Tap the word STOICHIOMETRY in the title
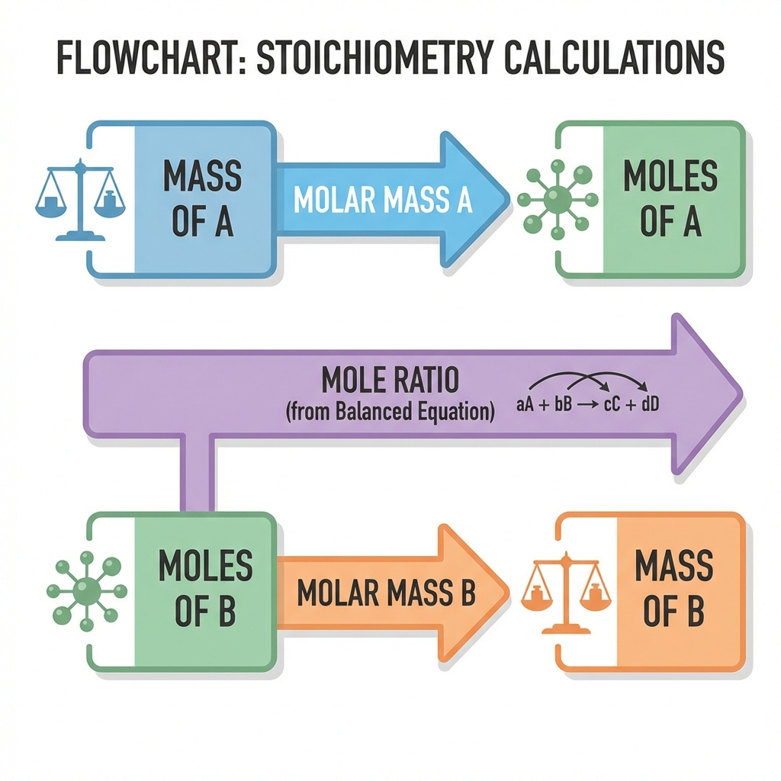click(x=374, y=58)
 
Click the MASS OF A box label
click(x=202, y=198)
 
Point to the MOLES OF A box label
click(x=670, y=198)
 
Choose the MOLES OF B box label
click(x=205, y=588)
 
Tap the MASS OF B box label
click(x=674, y=588)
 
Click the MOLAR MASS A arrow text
click(x=383, y=200)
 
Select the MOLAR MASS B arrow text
click(x=387, y=593)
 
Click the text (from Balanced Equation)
click(x=390, y=412)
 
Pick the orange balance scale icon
click(x=567, y=593)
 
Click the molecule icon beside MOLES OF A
click(x=558, y=200)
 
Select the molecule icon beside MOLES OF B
click(x=87, y=591)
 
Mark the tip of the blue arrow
click(x=509, y=200)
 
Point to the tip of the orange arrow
click(x=509, y=593)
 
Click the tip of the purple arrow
click(x=742, y=394)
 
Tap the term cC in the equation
click(x=612, y=404)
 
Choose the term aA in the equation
click(x=525, y=404)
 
